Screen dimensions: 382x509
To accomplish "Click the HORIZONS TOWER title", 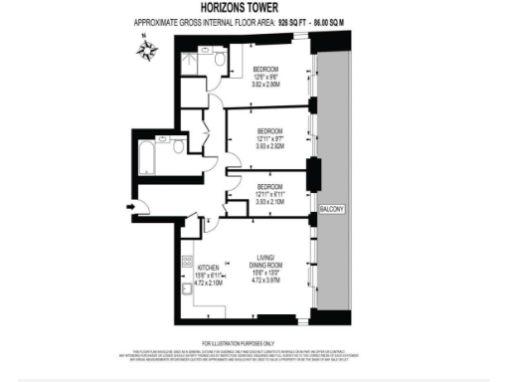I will (x=254, y=10).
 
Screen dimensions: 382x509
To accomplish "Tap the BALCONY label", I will (x=331, y=208).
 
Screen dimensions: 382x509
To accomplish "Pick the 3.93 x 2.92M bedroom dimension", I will (x=271, y=146).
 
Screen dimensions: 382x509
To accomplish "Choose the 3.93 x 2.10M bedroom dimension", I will (x=271, y=202).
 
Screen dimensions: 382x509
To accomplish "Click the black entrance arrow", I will (x=131, y=207).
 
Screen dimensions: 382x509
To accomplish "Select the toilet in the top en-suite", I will (x=219, y=62).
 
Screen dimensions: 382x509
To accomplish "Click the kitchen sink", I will (x=186, y=290).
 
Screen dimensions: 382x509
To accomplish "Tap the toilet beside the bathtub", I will (x=176, y=146).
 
